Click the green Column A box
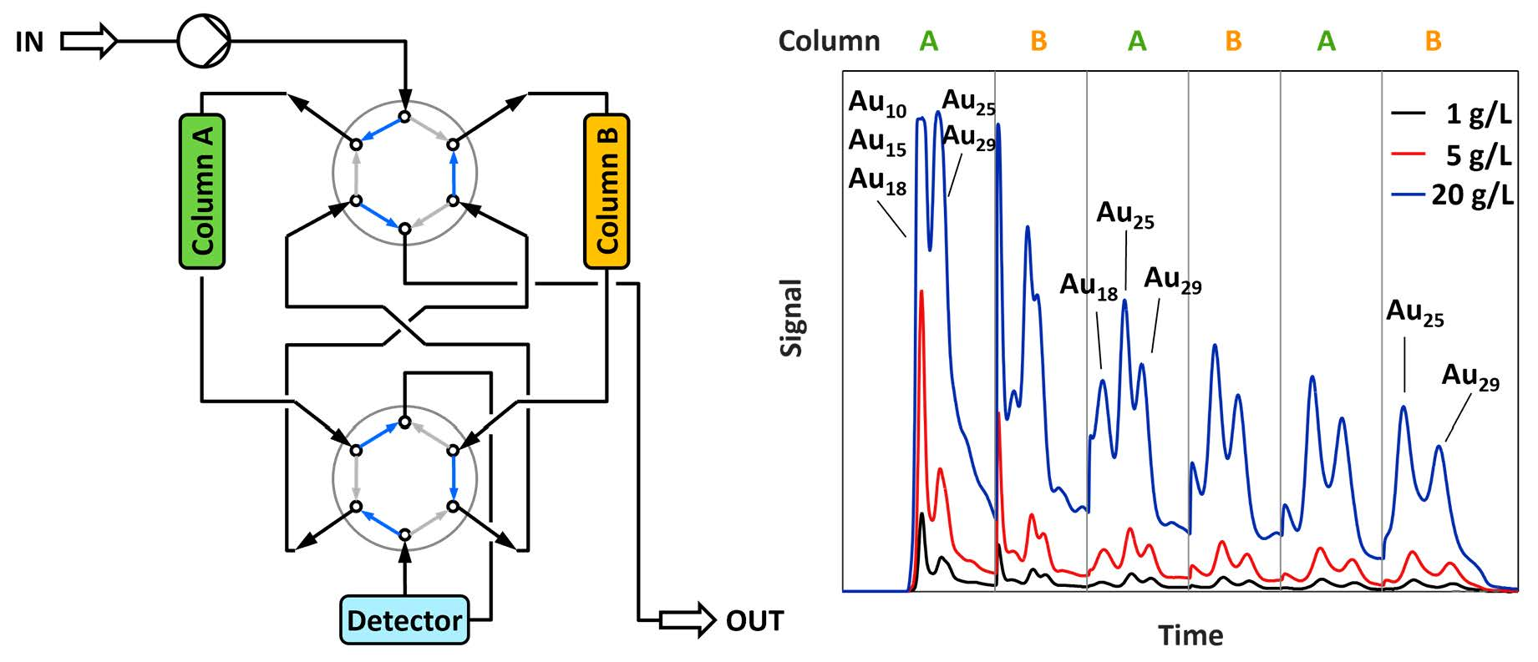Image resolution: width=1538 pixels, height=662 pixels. coord(202,191)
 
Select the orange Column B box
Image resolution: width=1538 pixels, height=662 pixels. coord(607,191)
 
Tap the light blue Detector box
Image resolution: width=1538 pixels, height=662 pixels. coord(404,620)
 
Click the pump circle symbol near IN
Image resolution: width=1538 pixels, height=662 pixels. coord(204,40)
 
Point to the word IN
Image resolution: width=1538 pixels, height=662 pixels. coord(29,42)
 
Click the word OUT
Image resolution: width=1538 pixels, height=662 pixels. coord(754,621)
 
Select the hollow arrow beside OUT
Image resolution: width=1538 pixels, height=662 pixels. coord(688,620)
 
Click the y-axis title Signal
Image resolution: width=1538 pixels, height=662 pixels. coord(791,317)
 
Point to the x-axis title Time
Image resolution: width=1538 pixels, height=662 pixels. coord(1190,636)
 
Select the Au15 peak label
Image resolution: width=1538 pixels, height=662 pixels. coord(877,141)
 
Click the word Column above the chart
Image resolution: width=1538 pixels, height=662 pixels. coord(829,41)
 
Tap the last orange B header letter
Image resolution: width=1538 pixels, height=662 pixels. coord(1434,41)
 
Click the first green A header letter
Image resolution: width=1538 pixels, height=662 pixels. coord(929,41)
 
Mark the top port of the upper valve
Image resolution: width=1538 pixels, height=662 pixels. coord(404,117)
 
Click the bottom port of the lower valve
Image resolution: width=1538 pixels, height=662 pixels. coord(404,534)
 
